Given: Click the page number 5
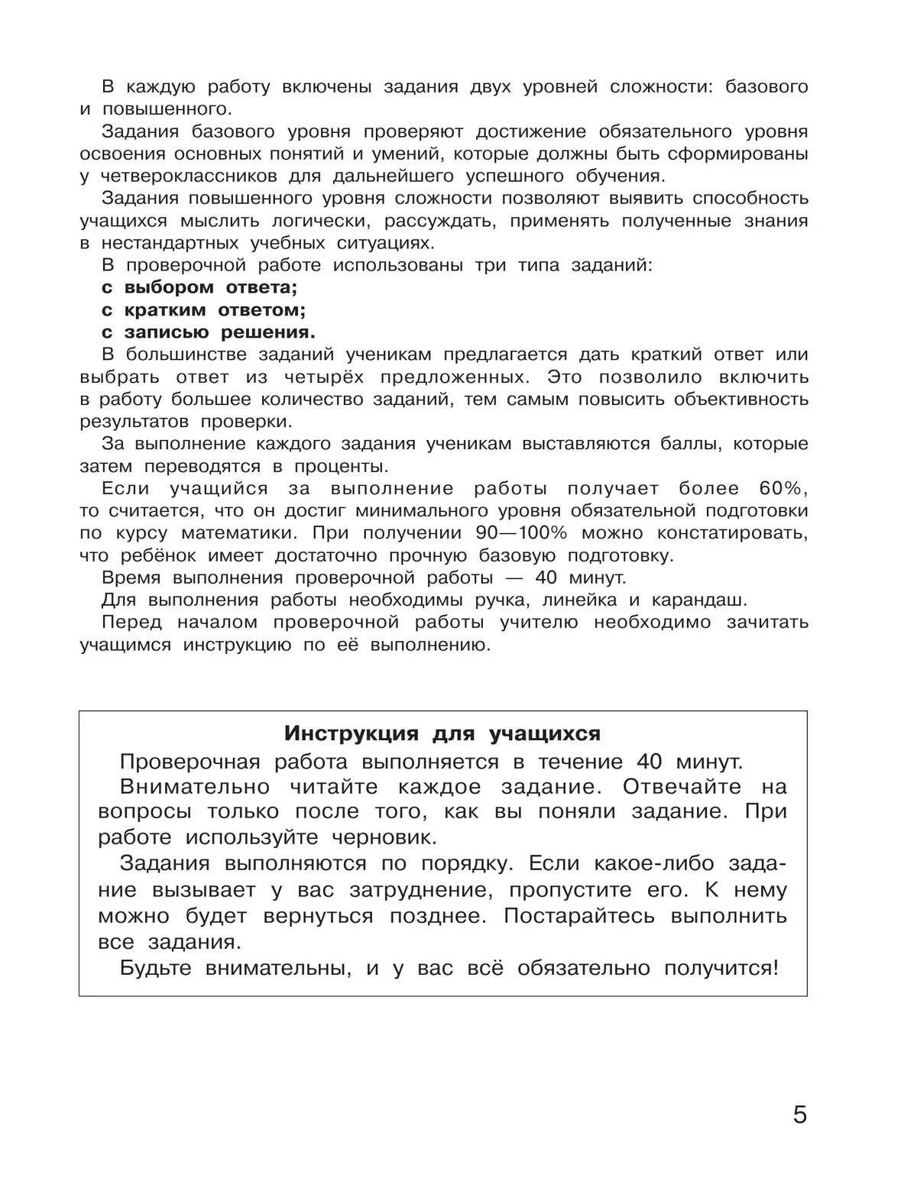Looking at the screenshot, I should point(799,1115).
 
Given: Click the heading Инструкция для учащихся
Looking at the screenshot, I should point(442,733).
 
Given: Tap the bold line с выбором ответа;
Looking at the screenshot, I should point(199,288).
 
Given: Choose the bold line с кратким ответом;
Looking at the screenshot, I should point(203,310).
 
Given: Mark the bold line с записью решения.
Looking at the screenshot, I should point(209,332).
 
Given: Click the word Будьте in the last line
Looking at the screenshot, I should point(156,969).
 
